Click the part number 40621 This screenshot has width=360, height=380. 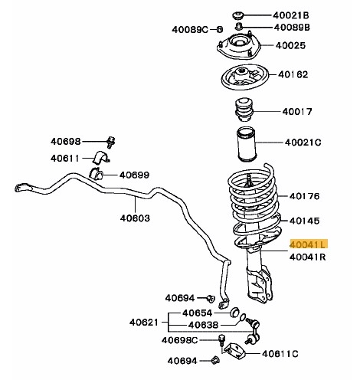[142, 322]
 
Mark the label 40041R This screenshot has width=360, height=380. [308, 257]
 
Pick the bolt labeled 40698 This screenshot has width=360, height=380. [111, 142]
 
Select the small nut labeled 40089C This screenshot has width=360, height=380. [219, 29]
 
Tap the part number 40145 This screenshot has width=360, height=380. [304, 220]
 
